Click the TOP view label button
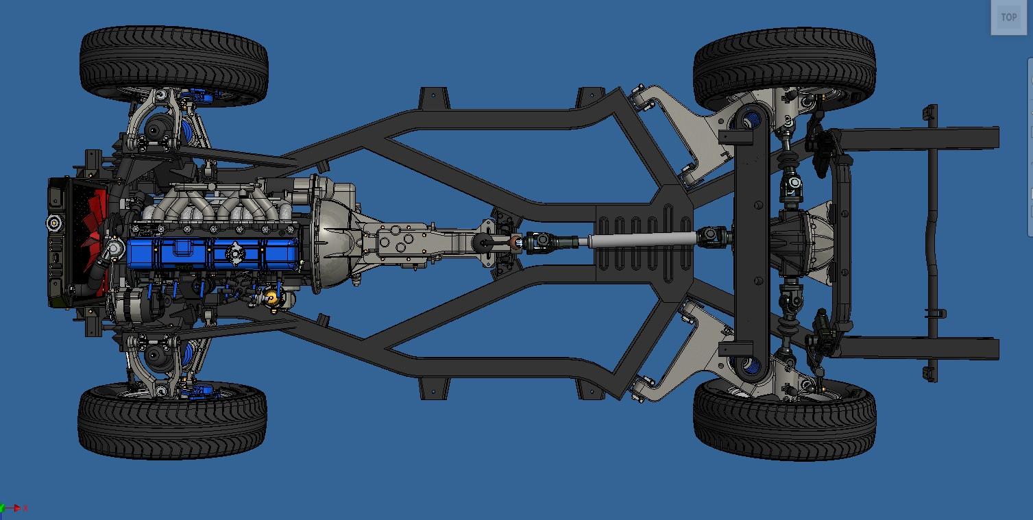pos(1008,18)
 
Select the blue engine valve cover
pos(212,253)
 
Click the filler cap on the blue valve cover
pos(234,253)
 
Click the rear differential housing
pos(803,240)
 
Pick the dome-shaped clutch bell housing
pos(331,235)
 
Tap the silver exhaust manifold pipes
pos(217,205)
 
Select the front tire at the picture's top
pos(174,64)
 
